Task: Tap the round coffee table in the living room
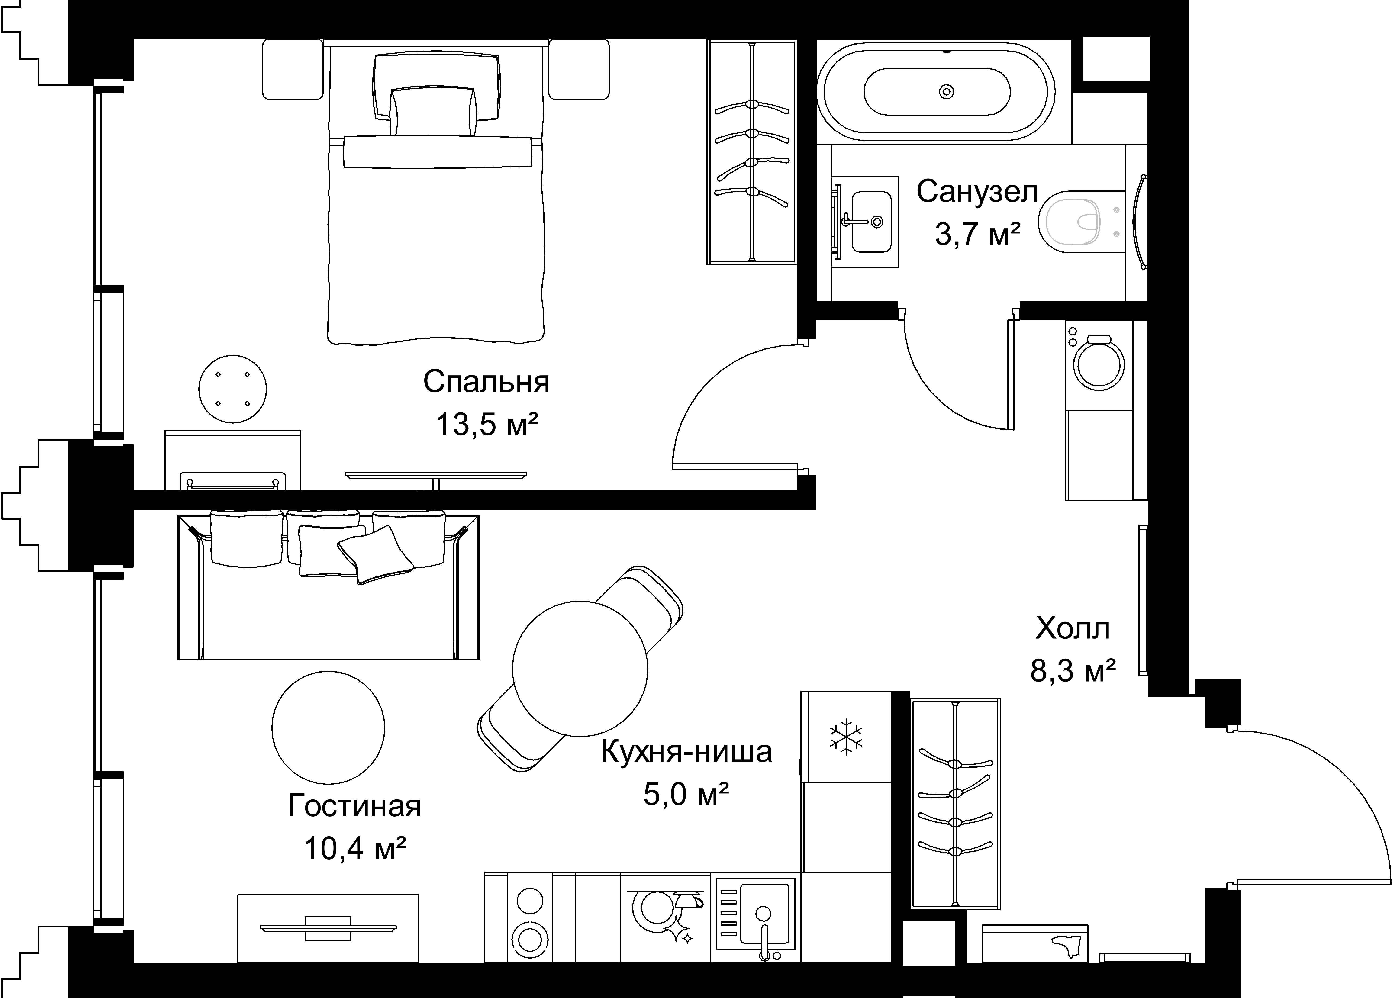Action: click(x=328, y=728)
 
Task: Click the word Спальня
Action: click(x=486, y=382)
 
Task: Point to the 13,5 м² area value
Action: click(x=487, y=424)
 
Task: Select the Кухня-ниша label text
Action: click(x=686, y=752)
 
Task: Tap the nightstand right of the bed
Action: click(x=579, y=69)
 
